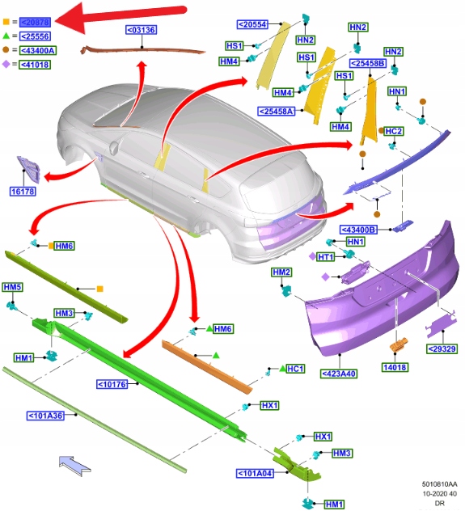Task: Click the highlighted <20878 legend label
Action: click(x=35, y=22)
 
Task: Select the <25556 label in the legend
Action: click(x=35, y=36)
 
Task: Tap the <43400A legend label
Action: click(x=37, y=50)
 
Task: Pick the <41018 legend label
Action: click(x=35, y=65)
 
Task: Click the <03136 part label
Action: click(x=142, y=30)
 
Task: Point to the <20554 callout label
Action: click(x=253, y=24)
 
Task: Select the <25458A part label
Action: click(x=276, y=112)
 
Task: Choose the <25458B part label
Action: click(x=368, y=63)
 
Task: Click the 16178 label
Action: click(x=23, y=192)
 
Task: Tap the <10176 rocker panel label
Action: click(x=112, y=385)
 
